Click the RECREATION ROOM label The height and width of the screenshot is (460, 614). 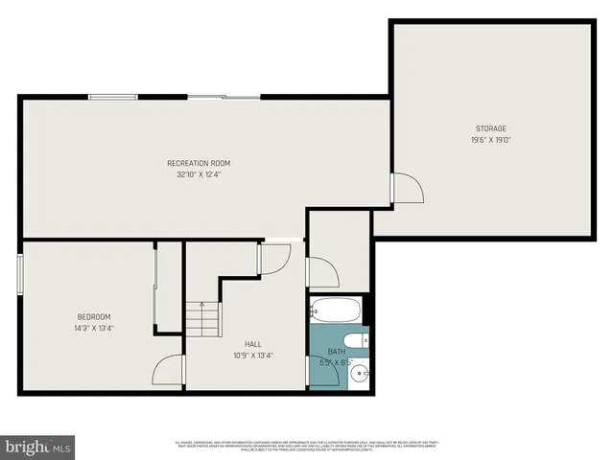coord(199,163)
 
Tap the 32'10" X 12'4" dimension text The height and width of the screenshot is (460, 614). coord(199,175)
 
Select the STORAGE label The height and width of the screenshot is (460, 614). coord(490,128)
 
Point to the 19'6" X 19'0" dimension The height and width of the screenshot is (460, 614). coord(490,141)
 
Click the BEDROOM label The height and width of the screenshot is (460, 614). coord(94,317)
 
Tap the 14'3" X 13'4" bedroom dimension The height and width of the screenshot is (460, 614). coord(94,329)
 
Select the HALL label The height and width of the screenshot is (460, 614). coord(253,343)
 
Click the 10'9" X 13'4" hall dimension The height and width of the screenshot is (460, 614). coord(253,356)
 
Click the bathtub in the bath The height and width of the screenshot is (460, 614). coord(335,310)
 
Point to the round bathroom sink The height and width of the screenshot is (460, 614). coord(360,374)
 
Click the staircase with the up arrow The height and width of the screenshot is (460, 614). coord(201,316)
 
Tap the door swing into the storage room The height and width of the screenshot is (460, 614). coord(407,188)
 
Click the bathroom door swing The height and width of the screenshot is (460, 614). coord(321,372)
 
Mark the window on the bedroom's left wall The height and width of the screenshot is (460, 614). coord(19,270)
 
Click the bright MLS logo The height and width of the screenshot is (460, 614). coord(37,448)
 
